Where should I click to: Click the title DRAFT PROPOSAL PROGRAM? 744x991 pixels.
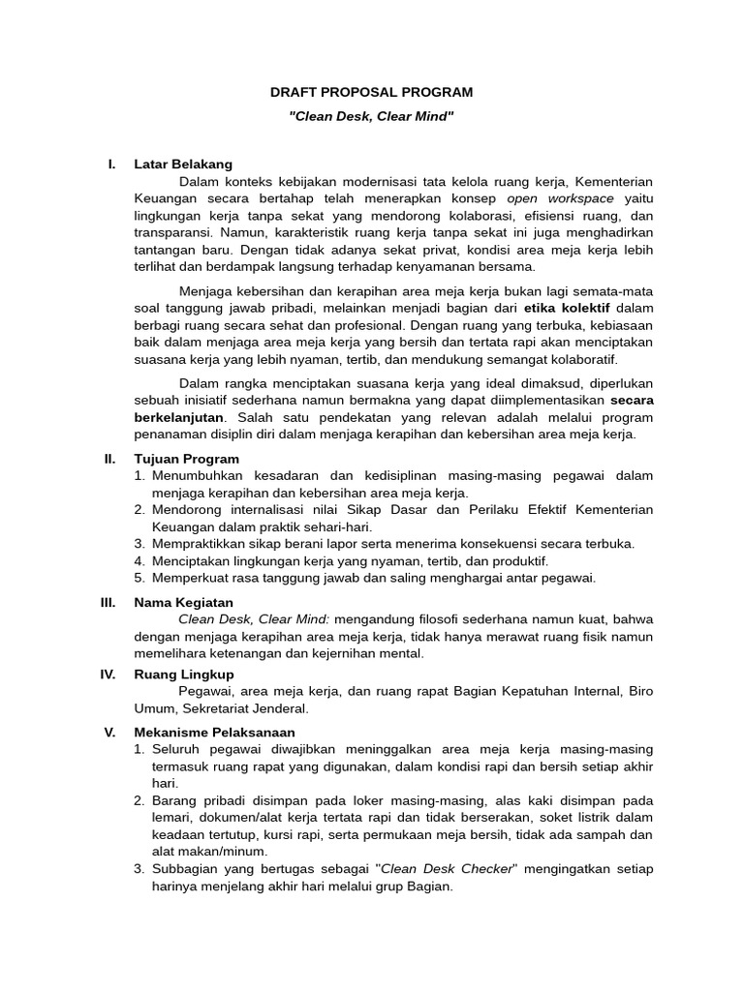point(371,92)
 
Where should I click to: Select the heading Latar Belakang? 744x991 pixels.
point(183,165)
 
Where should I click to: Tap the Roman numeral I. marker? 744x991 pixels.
point(111,165)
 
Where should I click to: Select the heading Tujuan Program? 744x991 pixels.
point(186,459)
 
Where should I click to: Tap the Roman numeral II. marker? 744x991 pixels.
point(109,459)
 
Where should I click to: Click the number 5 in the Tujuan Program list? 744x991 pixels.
point(139,578)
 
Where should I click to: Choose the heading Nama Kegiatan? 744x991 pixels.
point(184,602)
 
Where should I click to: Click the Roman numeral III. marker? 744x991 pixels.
point(108,602)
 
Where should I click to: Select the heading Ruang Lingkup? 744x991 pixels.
point(184,674)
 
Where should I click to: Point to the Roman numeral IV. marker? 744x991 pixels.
point(108,674)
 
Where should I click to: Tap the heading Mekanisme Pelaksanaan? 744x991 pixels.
point(214,733)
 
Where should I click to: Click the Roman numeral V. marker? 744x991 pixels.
point(109,733)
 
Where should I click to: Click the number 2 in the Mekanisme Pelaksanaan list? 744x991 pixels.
point(139,800)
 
